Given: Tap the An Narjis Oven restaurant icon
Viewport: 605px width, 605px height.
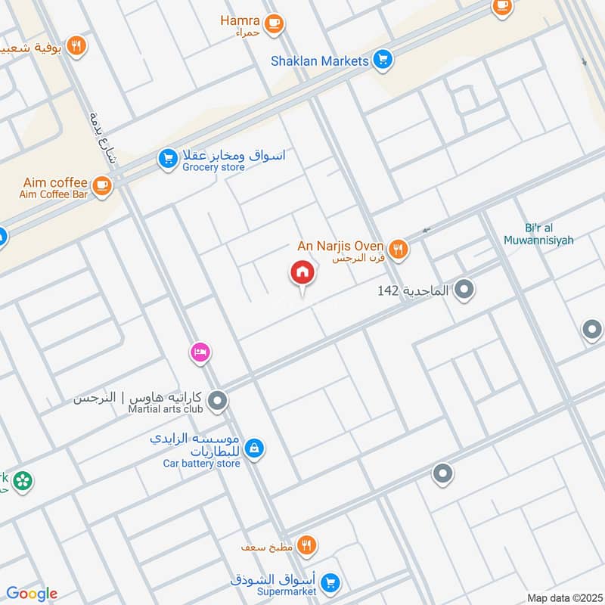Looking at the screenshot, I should point(398,247).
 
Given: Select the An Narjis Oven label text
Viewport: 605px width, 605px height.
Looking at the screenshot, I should point(340,247).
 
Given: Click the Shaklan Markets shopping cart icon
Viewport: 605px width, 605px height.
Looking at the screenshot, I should point(383,60).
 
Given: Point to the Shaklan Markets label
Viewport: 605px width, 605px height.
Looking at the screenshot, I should point(320,60).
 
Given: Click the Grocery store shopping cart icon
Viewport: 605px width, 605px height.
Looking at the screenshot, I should point(167,159).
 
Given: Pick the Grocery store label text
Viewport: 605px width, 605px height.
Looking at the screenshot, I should point(213,167).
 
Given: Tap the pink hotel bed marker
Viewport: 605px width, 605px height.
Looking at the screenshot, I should point(200,352).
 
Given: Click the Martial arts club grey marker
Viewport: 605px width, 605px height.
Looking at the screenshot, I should point(218,401).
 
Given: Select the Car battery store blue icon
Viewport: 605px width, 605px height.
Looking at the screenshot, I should point(255,449).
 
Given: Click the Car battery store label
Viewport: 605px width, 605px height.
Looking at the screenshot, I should point(201,463).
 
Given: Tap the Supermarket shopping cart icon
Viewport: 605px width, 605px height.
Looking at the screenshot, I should point(329,583).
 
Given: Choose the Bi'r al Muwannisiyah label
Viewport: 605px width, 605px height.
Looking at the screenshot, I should point(538,234).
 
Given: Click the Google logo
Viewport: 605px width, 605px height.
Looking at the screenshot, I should point(32,594).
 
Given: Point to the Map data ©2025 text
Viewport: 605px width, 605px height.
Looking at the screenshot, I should point(563,597).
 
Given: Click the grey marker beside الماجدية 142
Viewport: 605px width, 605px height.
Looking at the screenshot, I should point(465,289).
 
